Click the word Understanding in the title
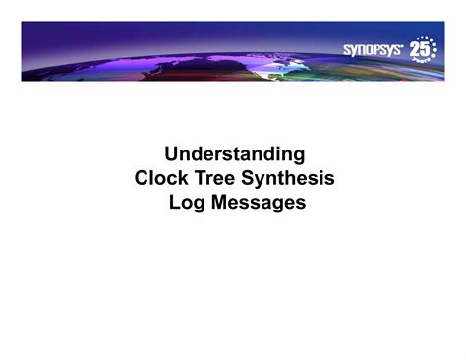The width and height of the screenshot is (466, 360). pyautogui.click(x=235, y=154)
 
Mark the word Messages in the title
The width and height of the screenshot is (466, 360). pyautogui.click(x=256, y=203)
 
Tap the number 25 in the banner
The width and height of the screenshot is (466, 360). pyautogui.click(x=422, y=49)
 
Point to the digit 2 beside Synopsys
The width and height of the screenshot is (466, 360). pyautogui.click(x=416, y=49)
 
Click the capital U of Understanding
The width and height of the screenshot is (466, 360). pyautogui.click(x=173, y=154)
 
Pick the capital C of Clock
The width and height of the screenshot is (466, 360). pyautogui.click(x=142, y=179)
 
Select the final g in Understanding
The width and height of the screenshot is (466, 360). pyautogui.click(x=298, y=156)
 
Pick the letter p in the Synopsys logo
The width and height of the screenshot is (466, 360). pyautogui.click(x=379, y=50)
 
